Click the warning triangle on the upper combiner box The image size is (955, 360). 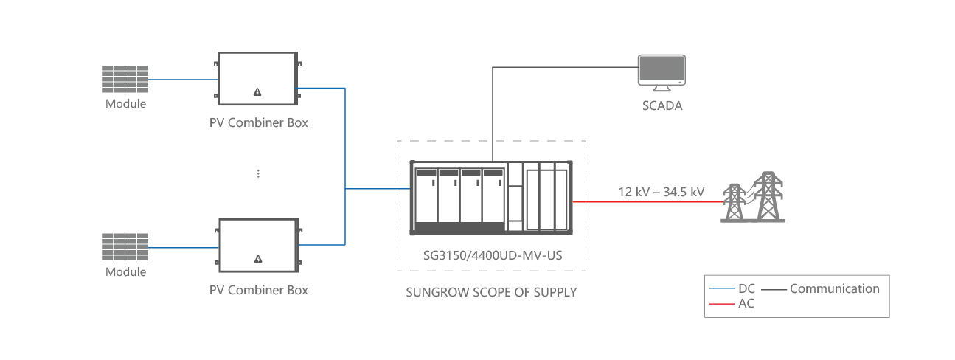tap(257, 92)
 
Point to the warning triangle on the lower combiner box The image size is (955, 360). tap(257, 259)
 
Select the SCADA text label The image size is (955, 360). tap(661, 105)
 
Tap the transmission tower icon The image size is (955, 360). tap(754, 197)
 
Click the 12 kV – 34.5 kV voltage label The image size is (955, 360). tap(661, 192)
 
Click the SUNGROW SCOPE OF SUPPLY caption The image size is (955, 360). tap(491, 292)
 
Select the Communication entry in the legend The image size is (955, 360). tap(833, 288)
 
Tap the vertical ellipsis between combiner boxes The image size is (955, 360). tap(258, 173)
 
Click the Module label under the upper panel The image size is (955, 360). tap(125, 104)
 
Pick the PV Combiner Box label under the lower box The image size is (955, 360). tap(258, 290)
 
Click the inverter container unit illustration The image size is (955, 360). tap(491, 197)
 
